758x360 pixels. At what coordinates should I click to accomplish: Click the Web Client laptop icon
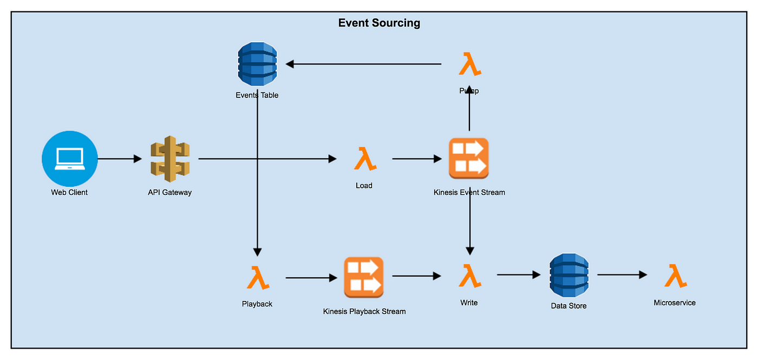click(x=70, y=159)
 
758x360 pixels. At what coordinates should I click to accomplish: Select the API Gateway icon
click(x=170, y=159)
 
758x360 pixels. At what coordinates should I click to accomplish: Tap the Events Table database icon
click(x=257, y=64)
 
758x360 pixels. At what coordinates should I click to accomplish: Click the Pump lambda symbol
click(x=470, y=64)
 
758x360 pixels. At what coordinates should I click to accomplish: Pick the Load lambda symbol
click(x=365, y=159)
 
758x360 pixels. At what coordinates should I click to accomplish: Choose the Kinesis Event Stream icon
click(x=469, y=158)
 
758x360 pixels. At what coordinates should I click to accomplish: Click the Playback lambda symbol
click(x=258, y=278)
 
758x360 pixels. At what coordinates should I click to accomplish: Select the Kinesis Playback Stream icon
click(x=364, y=277)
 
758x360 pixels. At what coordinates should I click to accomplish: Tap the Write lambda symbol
click(x=470, y=276)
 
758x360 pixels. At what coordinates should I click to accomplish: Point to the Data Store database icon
click(x=569, y=276)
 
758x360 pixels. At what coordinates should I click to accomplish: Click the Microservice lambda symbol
click(x=676, y=276)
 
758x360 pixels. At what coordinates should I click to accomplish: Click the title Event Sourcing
click(x=379, y=23)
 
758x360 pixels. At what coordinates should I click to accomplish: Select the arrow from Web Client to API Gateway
click(x=120, y=159)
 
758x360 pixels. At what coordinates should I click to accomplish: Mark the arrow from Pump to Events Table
click(x=363, y=64)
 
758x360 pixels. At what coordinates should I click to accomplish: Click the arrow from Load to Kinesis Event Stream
click(x=417, y=159)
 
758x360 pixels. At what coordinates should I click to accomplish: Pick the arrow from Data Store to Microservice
click(x=622, y=275)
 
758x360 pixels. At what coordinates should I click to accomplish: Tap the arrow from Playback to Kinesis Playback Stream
click(x=311, y=278)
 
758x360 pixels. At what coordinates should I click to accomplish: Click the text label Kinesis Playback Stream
click(x=364, y=311)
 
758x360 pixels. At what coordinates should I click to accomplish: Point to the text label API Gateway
click(x=170, y=192)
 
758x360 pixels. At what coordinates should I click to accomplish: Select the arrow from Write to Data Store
click(x=519, y=275)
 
